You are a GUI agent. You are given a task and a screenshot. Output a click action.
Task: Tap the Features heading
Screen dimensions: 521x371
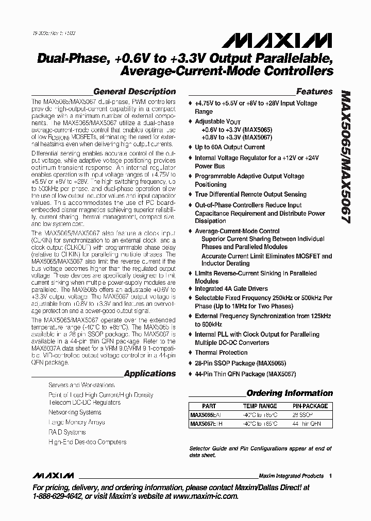(x=314, y=92)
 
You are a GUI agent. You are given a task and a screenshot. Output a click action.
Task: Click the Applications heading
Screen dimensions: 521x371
(x=150, y=374)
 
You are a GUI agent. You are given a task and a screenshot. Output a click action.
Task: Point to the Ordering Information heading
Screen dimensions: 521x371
(x=290, y=393)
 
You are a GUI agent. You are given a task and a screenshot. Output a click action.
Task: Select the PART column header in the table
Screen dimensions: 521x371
(x=209, y=406)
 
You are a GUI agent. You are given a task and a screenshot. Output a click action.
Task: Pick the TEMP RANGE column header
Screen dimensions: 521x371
(x=260, y=406)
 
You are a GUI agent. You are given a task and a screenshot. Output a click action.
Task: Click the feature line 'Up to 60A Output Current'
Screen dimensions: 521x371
(x=229, y=147)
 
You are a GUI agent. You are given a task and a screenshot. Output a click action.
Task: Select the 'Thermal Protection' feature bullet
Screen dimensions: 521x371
(x=221, y=353)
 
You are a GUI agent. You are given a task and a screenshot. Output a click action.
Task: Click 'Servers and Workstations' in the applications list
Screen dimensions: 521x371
(x=81, y=385)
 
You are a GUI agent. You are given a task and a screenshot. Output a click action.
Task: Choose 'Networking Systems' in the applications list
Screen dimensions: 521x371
(x=75, y=412)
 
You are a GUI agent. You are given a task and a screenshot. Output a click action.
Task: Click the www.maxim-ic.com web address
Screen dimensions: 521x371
(x=205, y=497)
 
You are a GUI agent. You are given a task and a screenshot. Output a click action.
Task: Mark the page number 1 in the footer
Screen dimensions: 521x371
(x=330, y=476)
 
